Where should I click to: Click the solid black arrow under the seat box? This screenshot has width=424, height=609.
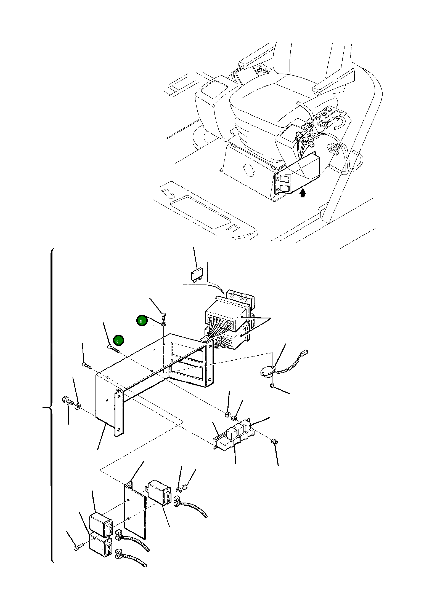pyautogui.click(x=303, y=193)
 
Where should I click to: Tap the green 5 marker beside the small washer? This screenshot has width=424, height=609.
pyautogui.click(x=142, y=321)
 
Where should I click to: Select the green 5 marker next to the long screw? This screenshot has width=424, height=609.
pyautogui.click(x=118, y=340)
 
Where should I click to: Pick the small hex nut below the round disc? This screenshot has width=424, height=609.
pyautogui.click(x=272, y=385)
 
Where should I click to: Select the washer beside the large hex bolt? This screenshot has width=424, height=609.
pyautogui.click(x=78, y=406)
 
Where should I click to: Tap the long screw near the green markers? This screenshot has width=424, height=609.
pyautogui.click(x=113, y=348)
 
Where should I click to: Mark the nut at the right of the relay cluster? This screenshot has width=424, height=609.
pyautogui.click(x=274, y=441)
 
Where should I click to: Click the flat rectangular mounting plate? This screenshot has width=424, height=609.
pyautogui.click(x=135, y=510)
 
